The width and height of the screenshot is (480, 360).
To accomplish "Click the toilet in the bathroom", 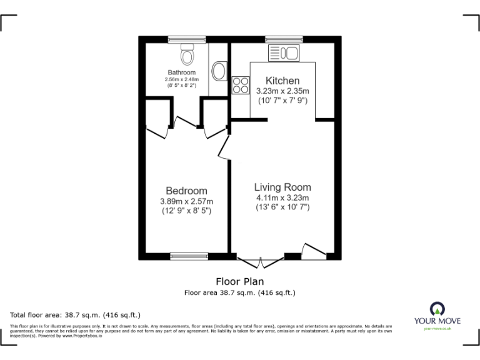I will pos(186,56).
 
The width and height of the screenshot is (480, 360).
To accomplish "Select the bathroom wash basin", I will pos(219,71).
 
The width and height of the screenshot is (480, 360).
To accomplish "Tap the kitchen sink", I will pos(284,54).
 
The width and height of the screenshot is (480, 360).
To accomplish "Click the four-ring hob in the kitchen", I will pos(241,85).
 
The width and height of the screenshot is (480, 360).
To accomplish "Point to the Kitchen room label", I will pos(282,81).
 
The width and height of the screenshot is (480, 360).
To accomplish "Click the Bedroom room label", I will pos(186,191).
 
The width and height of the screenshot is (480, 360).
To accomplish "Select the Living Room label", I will pos(282,187).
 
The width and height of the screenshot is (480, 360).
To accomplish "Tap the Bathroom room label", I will pos(181,72).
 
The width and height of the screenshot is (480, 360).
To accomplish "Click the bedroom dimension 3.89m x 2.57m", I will pos(186,201).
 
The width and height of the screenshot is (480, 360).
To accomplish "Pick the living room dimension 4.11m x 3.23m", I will pos(282,197).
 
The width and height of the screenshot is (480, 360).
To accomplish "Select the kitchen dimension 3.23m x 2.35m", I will pos(282,91).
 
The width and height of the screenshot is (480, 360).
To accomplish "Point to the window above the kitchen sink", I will pos(284,39).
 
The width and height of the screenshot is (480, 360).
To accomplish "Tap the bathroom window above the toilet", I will pos(186,39).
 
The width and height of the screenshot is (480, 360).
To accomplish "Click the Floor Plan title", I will pos(239,281).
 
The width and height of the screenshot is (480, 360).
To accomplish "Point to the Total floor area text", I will pos(76,314).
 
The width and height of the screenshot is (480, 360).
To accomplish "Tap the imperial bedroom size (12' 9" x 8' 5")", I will pos(186,211).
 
